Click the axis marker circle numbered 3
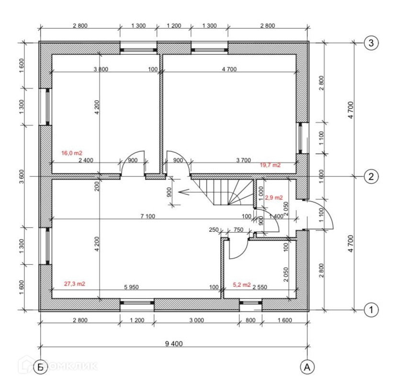371,43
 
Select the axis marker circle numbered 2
371,176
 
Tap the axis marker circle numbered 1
371,310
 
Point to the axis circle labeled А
307,367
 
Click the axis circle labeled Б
40,367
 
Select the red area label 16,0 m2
72,153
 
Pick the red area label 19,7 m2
270,165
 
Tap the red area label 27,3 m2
75,284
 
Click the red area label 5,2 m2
242,285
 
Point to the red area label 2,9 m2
274,197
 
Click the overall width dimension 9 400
174,343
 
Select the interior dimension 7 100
148,216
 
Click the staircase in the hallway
223,191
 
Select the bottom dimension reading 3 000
196,320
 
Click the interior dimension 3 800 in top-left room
101,70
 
